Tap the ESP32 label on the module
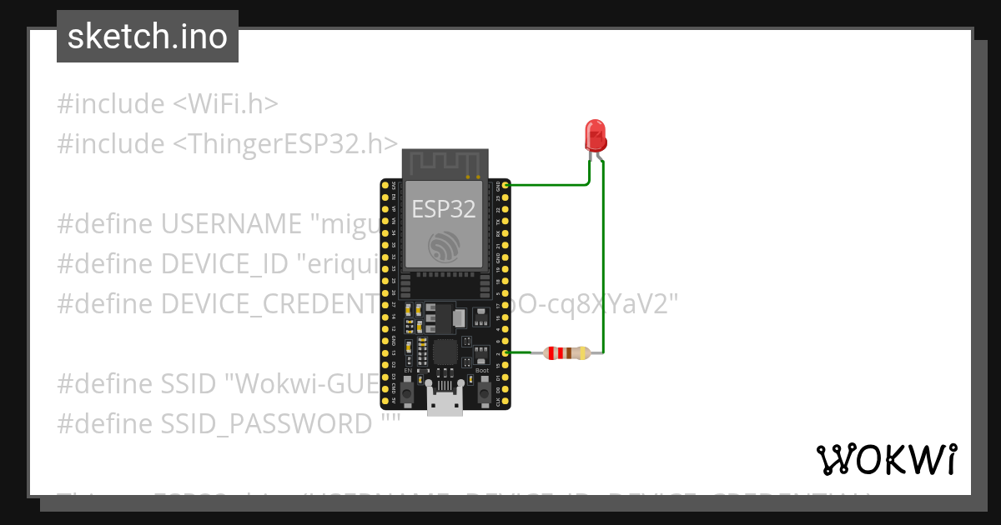[444, 208]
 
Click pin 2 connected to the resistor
[506, 352]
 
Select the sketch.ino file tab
[148, 37]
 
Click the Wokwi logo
[886, 459]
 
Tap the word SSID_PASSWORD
[266, 424]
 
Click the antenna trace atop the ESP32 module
[443, 163]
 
